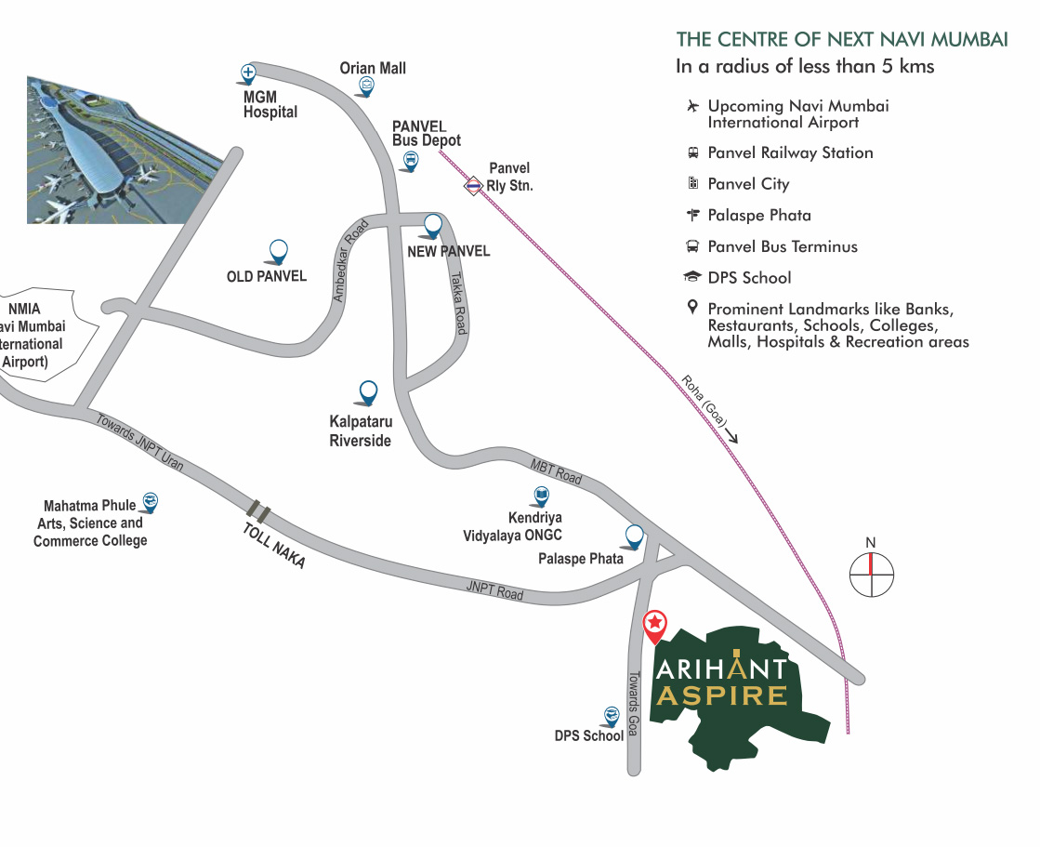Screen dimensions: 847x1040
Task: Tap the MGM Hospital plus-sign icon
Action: (248, 73)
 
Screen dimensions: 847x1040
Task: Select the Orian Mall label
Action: (373, 68)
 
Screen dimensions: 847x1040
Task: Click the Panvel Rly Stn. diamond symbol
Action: (474, 186)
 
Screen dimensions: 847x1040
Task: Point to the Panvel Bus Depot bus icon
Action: (410, 162)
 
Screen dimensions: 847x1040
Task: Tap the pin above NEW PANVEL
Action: (432, 224)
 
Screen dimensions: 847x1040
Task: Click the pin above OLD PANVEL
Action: (278, 250)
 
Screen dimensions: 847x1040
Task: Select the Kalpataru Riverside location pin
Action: (368, 391)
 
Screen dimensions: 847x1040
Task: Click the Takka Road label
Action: (458, 303)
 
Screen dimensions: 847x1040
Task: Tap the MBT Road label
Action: (556, 471)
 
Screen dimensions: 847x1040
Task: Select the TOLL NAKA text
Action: (273, 546)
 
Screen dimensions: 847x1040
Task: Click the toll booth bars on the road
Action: (258, 510)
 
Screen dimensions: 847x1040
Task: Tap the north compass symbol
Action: (871, 574)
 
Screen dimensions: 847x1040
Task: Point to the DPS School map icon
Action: (612, 715)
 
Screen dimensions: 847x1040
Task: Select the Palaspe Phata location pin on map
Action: (635, 535)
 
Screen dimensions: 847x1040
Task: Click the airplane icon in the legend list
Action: (691, 106)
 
